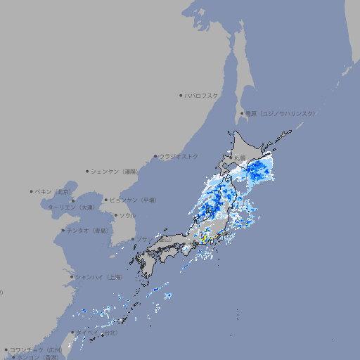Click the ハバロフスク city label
(x=202, y=95)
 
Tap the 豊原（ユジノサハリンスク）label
(x=280, y=113)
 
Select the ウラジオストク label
(x=179, y=156)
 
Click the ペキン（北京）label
(x=54, y=191)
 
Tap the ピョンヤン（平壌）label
(x=133, y=200)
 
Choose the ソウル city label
(x=127, y=215)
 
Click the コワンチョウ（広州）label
(x=35, y=349)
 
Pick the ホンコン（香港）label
(x=37, y=357)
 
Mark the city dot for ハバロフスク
(x=181, y=95)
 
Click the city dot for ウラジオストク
(x=155, y=156)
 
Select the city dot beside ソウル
(x=115, y=215)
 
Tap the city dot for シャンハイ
(x=72, y=277)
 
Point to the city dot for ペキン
(x=32, y=191)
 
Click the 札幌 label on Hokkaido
(x=241, y=157)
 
